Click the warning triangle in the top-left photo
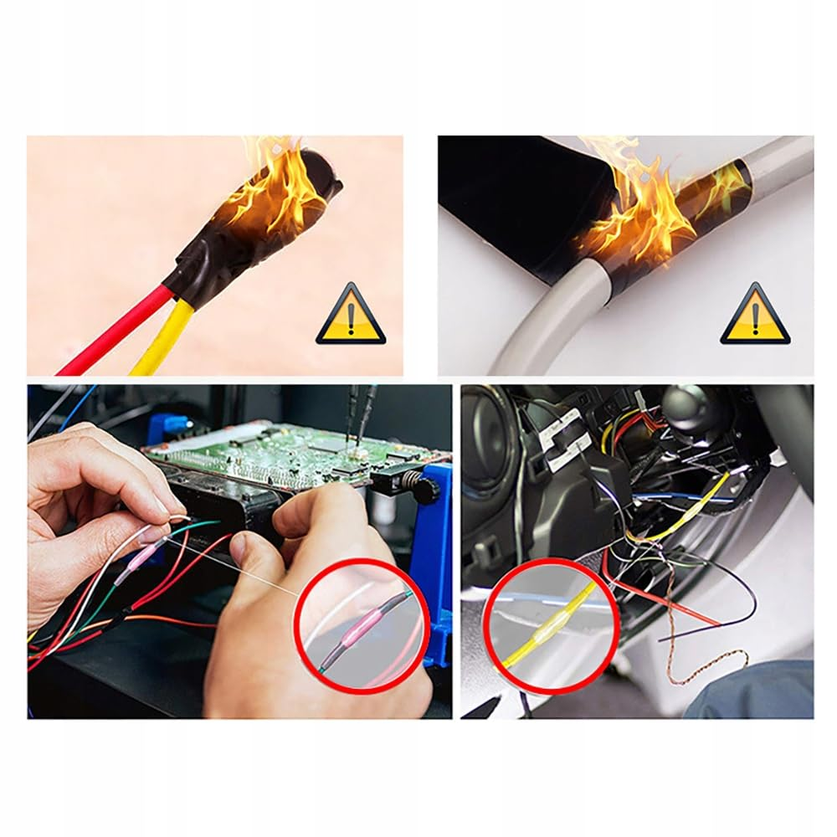pyautogui.click(x=351, y=317)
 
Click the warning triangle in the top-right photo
pyautogui.click(x=755, y=317)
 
